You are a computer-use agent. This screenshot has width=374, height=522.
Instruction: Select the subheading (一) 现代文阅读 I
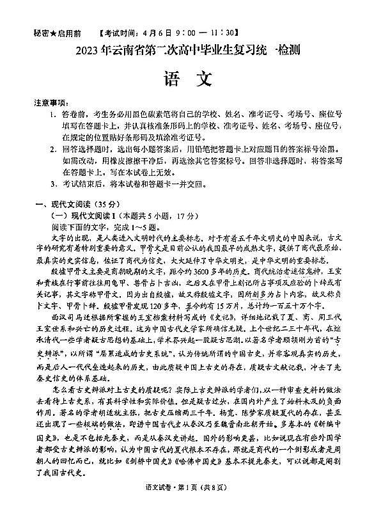pyautogui.click(x=83, y=216)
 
